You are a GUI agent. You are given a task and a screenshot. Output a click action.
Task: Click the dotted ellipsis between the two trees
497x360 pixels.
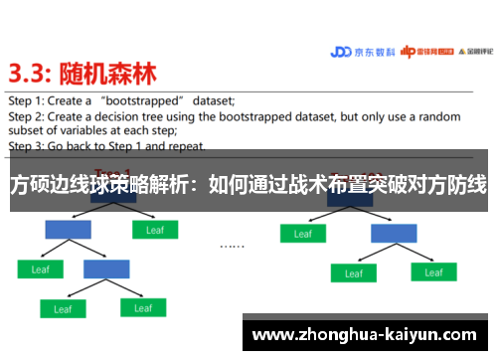coord(232,245)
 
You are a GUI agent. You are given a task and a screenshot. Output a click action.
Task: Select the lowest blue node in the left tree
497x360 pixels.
coord(105,269)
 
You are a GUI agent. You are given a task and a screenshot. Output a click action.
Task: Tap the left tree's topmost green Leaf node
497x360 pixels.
coord(154,231)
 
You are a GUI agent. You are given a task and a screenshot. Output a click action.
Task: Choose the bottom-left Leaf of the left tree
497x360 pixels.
coord(63,309)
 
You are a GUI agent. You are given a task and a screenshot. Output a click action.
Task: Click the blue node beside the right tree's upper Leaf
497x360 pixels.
coord(394,233)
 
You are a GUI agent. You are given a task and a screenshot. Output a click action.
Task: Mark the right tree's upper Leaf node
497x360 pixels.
coord(302,234)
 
